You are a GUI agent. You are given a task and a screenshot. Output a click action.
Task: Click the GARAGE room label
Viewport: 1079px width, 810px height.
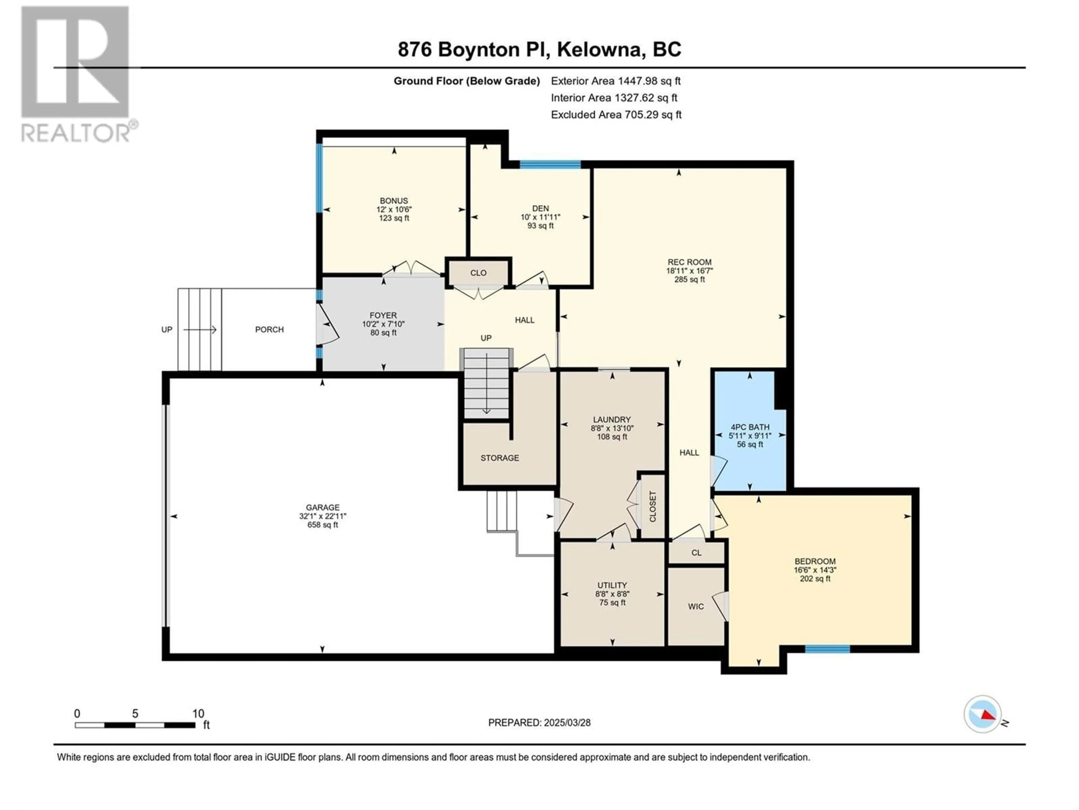[322, 507]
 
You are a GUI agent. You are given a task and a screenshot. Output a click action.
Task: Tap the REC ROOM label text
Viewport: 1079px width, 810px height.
[689, 262]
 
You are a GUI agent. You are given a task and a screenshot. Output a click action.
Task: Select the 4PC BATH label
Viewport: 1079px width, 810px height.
[750, 427]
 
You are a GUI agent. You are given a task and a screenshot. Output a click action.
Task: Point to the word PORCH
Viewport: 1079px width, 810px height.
[269, 330]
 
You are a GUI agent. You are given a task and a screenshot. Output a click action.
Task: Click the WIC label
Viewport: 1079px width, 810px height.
[696, 606]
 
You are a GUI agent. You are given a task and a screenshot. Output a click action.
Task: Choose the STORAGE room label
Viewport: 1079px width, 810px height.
[500, 458]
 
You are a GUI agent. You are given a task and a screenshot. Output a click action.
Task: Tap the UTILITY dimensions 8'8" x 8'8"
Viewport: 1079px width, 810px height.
[612, 594]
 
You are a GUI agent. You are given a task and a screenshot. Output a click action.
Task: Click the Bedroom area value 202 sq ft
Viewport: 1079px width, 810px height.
[815, 579]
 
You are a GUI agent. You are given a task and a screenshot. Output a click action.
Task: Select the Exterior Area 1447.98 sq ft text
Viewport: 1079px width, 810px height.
[616, 81]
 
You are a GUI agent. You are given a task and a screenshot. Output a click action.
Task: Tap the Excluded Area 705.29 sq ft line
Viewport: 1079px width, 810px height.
[616, 115]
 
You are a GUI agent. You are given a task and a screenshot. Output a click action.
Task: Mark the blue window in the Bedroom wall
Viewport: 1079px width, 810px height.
[827, 649]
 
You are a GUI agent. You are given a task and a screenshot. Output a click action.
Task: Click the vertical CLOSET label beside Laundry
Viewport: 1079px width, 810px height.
[653, 506]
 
